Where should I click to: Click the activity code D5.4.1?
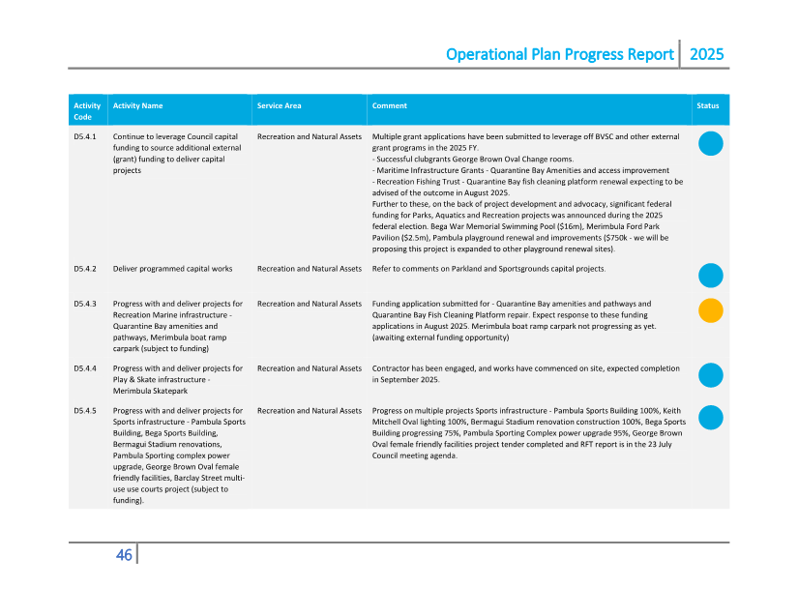[84, 137]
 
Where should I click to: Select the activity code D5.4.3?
[84, 304]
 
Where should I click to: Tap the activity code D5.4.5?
[84, 411]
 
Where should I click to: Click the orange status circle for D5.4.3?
[710, 310]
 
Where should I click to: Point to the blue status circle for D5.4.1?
[710, 144]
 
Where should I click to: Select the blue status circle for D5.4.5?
[710, 418]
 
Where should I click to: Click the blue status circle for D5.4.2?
[710, 275]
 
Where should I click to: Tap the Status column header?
[707, 105]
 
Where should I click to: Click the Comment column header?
[390, 105]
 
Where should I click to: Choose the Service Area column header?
[279, 105]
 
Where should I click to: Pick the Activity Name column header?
[137, 105]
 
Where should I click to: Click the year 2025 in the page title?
[706, 54]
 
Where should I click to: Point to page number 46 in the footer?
[124, 555]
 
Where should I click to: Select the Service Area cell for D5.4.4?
[310, 368]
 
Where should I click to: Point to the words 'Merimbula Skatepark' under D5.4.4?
[150, 391]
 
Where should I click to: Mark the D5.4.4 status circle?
[710, 375]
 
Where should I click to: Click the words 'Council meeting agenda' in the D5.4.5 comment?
[414, 455]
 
